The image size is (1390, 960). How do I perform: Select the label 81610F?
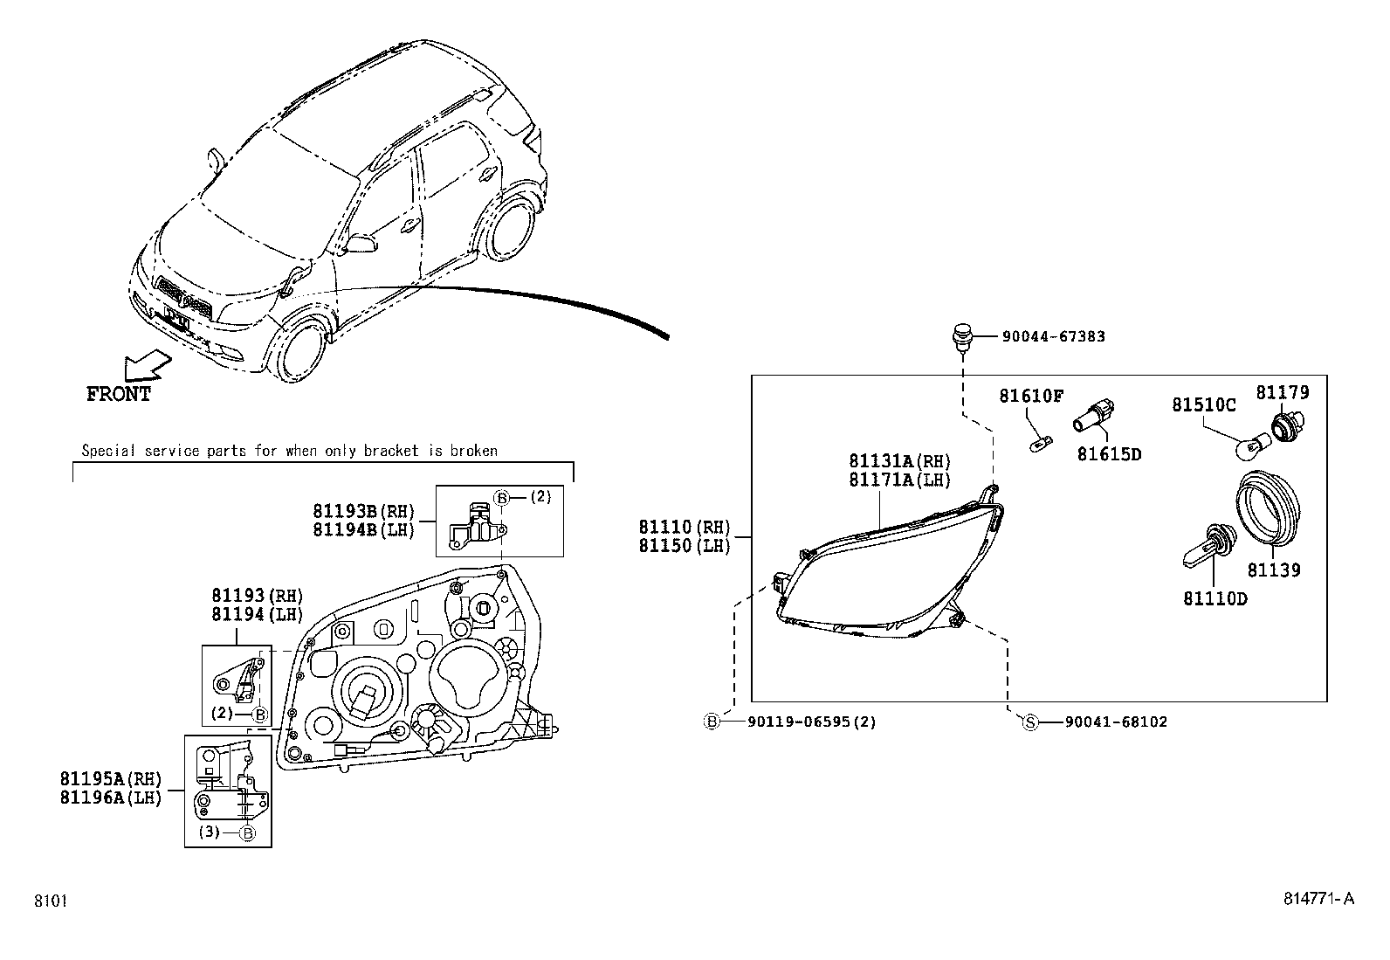pos(1031,397)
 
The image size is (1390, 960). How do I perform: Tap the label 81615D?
pos(1109,454)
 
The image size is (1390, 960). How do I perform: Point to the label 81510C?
pos(1204,405)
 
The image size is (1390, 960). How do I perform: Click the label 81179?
pos(1283,393)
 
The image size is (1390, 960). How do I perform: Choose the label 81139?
pos(1273,570)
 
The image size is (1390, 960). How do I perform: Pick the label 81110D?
pos(1215,598)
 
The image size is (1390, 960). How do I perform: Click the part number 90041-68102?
pos(1115,722)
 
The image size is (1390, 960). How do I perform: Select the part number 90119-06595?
pos(800,722)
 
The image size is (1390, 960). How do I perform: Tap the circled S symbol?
pos(1030,722)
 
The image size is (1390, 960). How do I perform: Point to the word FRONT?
pos(119,395)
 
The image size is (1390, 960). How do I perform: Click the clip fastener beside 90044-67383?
pos(961,338)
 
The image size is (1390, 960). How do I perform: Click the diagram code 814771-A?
pos(1318,900)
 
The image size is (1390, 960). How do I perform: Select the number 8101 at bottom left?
pos(51,901)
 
